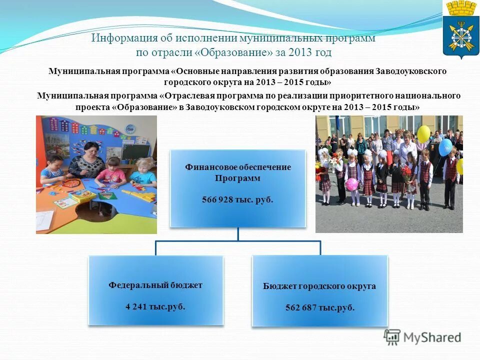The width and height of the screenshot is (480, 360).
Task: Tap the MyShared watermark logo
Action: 422,337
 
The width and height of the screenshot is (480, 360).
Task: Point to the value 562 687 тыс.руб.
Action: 319,307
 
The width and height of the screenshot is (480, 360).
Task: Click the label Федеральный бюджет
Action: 155,285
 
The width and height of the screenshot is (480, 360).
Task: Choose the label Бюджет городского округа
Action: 319,286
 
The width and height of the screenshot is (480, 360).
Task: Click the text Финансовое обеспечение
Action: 237,167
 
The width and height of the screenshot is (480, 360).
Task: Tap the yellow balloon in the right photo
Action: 423,133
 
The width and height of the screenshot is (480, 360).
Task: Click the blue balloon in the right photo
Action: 445,147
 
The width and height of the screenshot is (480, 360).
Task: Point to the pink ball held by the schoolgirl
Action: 351,184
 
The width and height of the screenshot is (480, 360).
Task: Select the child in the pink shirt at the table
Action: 112,172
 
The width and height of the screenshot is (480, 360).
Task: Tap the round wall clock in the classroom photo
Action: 130,129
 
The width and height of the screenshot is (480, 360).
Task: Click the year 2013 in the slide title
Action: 302,52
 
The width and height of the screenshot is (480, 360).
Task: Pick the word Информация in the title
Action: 124,38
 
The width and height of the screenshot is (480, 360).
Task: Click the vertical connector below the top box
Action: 237,234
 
